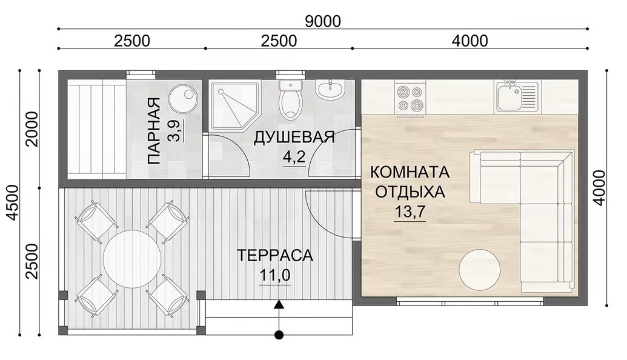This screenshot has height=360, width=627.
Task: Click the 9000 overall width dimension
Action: (323, 21)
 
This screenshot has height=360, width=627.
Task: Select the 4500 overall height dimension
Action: (13, 202)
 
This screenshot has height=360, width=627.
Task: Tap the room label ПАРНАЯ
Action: (153, 131)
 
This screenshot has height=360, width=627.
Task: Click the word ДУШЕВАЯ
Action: (294, 137)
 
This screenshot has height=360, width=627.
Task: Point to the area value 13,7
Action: (410, 212)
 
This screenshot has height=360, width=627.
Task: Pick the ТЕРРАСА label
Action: (274, 255)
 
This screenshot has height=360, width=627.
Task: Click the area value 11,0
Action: (274, 275)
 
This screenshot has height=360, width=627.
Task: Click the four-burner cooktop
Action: (410, 99)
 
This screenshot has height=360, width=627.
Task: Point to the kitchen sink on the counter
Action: (518, 96)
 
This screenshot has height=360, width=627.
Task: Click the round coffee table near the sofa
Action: (479, 269)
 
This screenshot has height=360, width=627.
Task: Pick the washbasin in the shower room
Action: (330, 89)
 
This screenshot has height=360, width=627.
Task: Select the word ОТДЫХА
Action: (410, 192)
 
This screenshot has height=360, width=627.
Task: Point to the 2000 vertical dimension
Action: (32, 129)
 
